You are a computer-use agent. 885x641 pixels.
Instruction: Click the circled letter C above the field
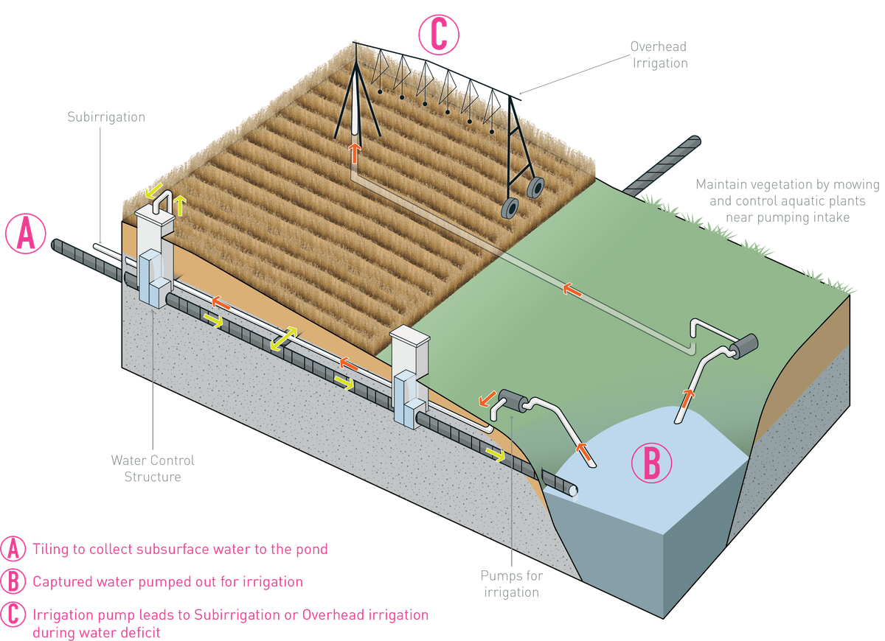pyautogui.click(x=439, y=35)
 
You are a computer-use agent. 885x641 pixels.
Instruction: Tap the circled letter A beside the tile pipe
pyautogui.click(x=27, y=234)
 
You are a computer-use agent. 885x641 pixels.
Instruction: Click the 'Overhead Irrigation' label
pyautogui.click(x=659, y=55)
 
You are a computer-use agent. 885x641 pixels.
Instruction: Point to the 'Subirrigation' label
pyautogui.click(x=106, y=117)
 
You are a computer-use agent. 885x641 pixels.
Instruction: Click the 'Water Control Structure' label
pyautogui.click(x=153, y=469)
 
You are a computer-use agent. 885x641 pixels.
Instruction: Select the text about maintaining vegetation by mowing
pyautogui.click(x=786, y=200)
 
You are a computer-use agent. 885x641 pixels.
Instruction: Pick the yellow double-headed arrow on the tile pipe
pyautogui.click(x=283, y=340)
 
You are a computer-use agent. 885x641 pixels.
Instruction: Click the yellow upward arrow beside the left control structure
pyautogui.click(x=181, y=206)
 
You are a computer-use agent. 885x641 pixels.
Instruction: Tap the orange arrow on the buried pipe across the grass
pyautogui.click(x=570, y=290)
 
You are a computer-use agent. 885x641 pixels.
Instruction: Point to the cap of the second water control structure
pyautogui.click(x=409, y=337)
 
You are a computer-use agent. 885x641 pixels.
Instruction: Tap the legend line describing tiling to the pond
pyautogui.click(x=180, y=549)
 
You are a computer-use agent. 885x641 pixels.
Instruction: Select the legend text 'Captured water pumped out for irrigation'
pyautogui.click(x=167, y=581)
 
